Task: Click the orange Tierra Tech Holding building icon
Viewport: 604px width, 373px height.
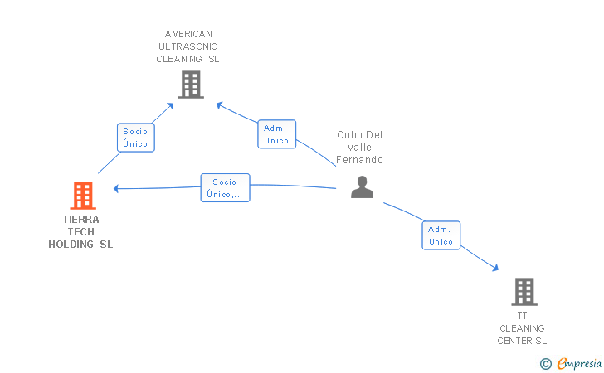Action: click(83, 196)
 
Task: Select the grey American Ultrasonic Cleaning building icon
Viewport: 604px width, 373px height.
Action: click(191, 84)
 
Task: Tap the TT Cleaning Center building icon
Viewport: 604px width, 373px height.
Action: click(524, 291)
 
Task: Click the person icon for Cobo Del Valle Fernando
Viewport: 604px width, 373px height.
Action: click(362, 187)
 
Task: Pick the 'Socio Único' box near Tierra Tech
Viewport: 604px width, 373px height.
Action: click(135, 138)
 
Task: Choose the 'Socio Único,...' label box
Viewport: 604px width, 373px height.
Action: click(225, 187)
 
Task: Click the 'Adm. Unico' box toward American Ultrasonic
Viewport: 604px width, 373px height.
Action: click(276, 134)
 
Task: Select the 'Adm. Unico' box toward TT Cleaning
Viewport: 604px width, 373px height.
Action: click(441, 235)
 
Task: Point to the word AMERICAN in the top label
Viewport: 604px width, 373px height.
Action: click(188, 35)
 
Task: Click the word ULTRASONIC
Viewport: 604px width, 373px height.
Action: click(188, 47)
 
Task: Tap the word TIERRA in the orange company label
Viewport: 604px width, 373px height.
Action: click(80, 220)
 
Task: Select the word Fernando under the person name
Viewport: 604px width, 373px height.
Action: click(360, 160)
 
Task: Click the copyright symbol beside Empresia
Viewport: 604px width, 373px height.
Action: click(545, 363)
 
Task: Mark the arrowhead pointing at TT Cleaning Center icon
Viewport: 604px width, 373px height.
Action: click(496, 268)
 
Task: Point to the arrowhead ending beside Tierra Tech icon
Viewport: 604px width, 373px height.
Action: click(116, 188)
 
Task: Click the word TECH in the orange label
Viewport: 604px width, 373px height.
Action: click(80, 232)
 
